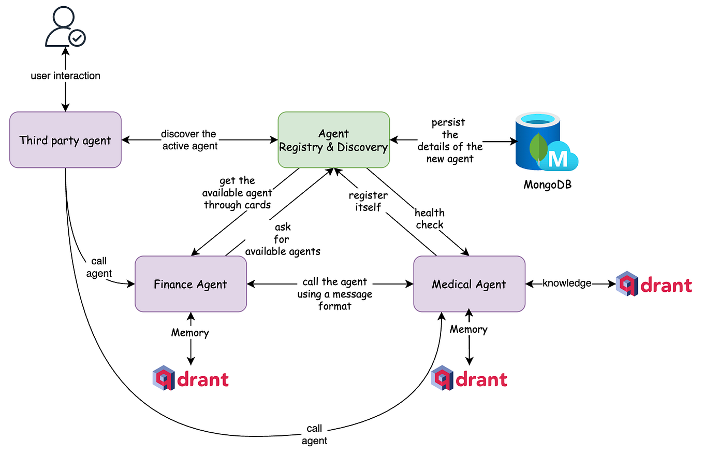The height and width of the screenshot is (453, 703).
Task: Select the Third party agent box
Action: pyautogui.click(x=65, y=140)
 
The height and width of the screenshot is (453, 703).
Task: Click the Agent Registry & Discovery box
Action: pyautogui.click(x=333, y=140)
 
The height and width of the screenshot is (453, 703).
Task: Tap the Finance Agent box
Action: pyautogui.click(x=191, y=284)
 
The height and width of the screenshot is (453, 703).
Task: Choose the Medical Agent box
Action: pyautogui.click(x=469, y=284)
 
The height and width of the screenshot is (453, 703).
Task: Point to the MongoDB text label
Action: pyautogui.click(x=547, y=184)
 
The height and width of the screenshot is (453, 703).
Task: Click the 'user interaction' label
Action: pyautogui.click(x=65, y=76)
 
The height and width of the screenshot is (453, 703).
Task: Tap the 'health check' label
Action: pyautogui.click(x=430, y=218)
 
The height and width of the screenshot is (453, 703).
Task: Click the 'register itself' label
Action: pyautogui.click(x=368, y=201)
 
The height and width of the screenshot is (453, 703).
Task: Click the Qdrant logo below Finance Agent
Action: pyautogui.click(x=191, y=379)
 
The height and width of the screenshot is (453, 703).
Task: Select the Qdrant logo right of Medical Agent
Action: pyautogui.click(x=654, y=284)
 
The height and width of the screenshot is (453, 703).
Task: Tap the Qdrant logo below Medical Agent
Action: pyautogui.click(x=470, y=379)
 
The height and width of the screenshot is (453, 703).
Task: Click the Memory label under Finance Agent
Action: pyautogui.click(x=190, y=333)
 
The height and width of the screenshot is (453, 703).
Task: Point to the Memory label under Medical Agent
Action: pyautogui.click(x=468, y=329)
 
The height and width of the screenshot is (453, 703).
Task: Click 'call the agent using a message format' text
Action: pyautogui.click(x=334, y=294)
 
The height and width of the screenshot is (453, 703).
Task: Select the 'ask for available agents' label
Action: pyautogui.click(x=283, y=239)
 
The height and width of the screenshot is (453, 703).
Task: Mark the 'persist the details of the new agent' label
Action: pyautogui.click(x=449, y=140)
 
